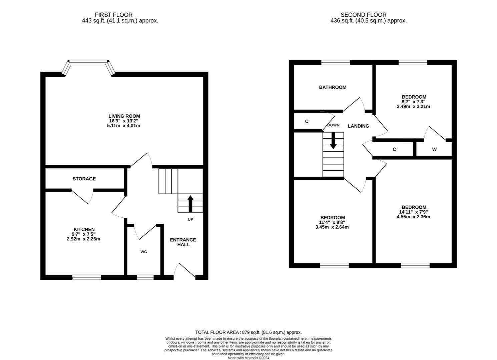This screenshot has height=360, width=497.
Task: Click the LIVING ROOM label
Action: (124, 116)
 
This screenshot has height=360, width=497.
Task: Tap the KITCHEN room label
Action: (84, 229)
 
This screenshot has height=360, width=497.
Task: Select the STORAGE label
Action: (84, 179)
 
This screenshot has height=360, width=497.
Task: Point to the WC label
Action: (144, 252)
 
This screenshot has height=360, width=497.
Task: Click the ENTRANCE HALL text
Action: (183, 242)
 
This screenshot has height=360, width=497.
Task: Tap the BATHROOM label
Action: (333, 87)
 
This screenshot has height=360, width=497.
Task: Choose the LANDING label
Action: (358, 126)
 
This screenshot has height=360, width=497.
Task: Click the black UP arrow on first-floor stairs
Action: (190, 204)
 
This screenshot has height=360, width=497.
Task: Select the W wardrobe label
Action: (434, 149)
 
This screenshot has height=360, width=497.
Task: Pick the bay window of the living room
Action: (88, 63)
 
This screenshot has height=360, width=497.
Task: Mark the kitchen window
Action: (87, 277)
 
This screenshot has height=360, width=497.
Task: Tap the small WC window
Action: (145, 277)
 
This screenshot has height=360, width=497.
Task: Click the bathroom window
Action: (336, 62)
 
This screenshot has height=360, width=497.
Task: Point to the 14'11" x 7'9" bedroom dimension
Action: (414, 212)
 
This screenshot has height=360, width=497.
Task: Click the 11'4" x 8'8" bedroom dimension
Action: (332, 222)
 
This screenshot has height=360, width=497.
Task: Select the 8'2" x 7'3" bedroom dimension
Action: (414, 102)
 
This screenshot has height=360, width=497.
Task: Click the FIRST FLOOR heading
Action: (114, 15)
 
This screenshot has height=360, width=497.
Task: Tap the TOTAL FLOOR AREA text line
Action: (248, 332)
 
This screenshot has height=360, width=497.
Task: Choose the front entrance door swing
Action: (186, 270)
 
